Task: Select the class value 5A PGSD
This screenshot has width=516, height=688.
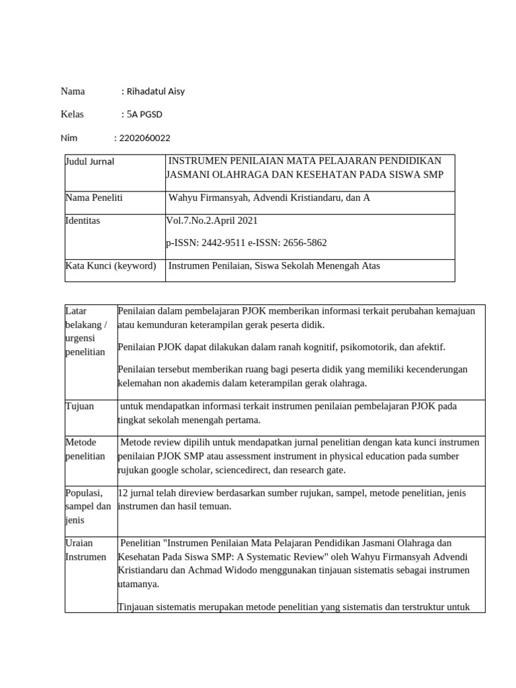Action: (x=144, y=115)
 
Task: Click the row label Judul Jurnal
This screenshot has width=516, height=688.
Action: (x=89, y=161)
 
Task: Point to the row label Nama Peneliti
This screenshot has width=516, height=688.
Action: (x=93, y=198)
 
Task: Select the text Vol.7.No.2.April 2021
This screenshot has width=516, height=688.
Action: (x=212, y=220)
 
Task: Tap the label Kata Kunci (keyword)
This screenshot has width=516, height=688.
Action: (x=110, y=265)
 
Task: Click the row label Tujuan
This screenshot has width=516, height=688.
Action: (x=79, y=406)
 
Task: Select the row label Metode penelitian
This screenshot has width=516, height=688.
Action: (x=85, y=449)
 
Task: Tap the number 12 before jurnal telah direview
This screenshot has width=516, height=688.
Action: (x=123, y=493)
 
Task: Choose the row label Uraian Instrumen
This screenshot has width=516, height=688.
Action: (x=85, y=550)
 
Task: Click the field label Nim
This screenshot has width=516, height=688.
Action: (x=69, y=138)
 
